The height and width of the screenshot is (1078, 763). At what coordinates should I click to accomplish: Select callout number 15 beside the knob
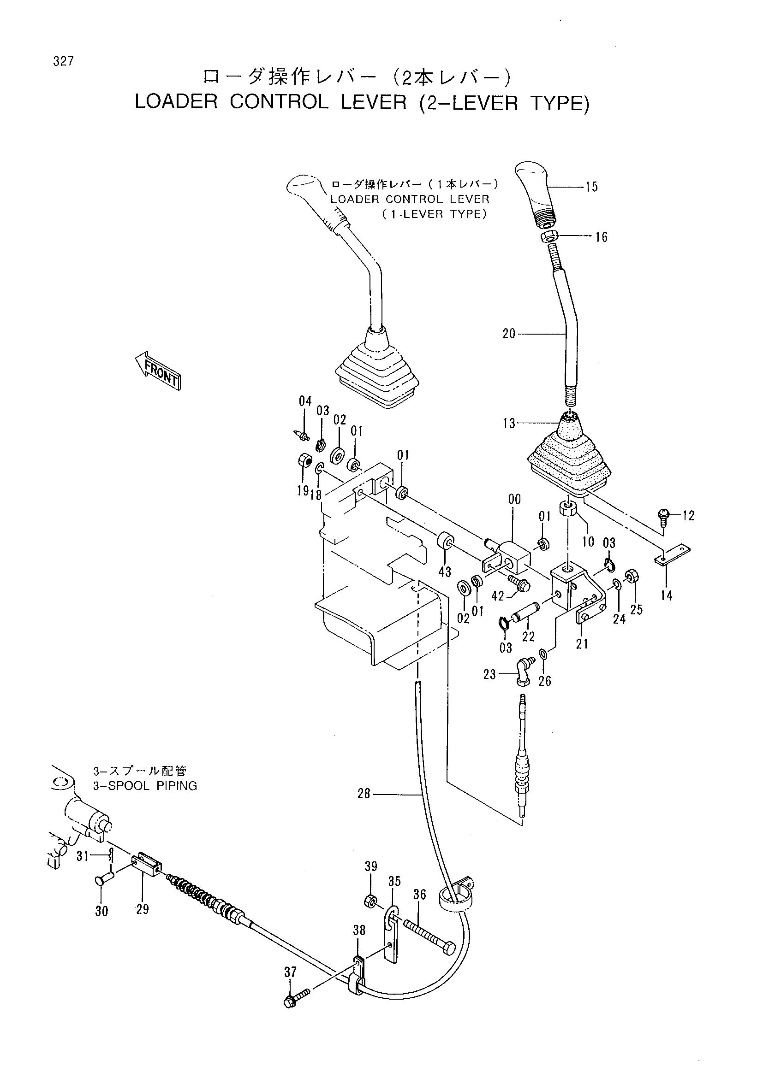click(591, 187)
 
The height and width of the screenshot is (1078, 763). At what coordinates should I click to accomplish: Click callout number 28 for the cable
click(364, 794)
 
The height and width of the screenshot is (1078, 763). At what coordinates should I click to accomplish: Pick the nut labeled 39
click(371, 901)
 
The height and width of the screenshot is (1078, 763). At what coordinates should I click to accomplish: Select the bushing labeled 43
click(446, 542)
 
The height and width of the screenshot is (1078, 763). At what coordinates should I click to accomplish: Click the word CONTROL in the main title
click(279, 102)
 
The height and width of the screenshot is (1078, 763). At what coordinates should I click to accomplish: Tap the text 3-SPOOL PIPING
click(145, 786)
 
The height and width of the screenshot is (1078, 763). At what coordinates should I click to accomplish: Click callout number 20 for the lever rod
click(509, 334)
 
